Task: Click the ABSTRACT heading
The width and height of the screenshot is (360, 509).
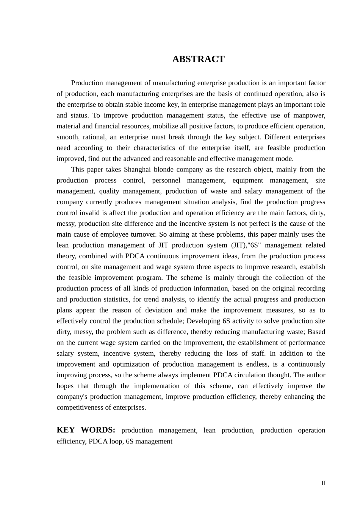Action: tap(198, 59)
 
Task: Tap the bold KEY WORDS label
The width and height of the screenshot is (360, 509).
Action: tap(86, 430)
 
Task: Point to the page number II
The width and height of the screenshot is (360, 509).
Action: tap(323, 483)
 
